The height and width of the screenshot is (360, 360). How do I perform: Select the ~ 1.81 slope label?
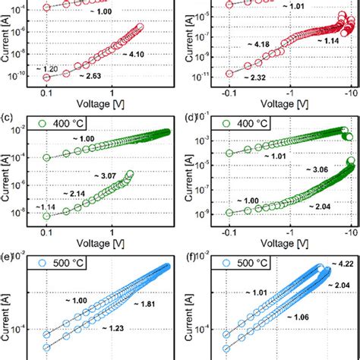[147, 305]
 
